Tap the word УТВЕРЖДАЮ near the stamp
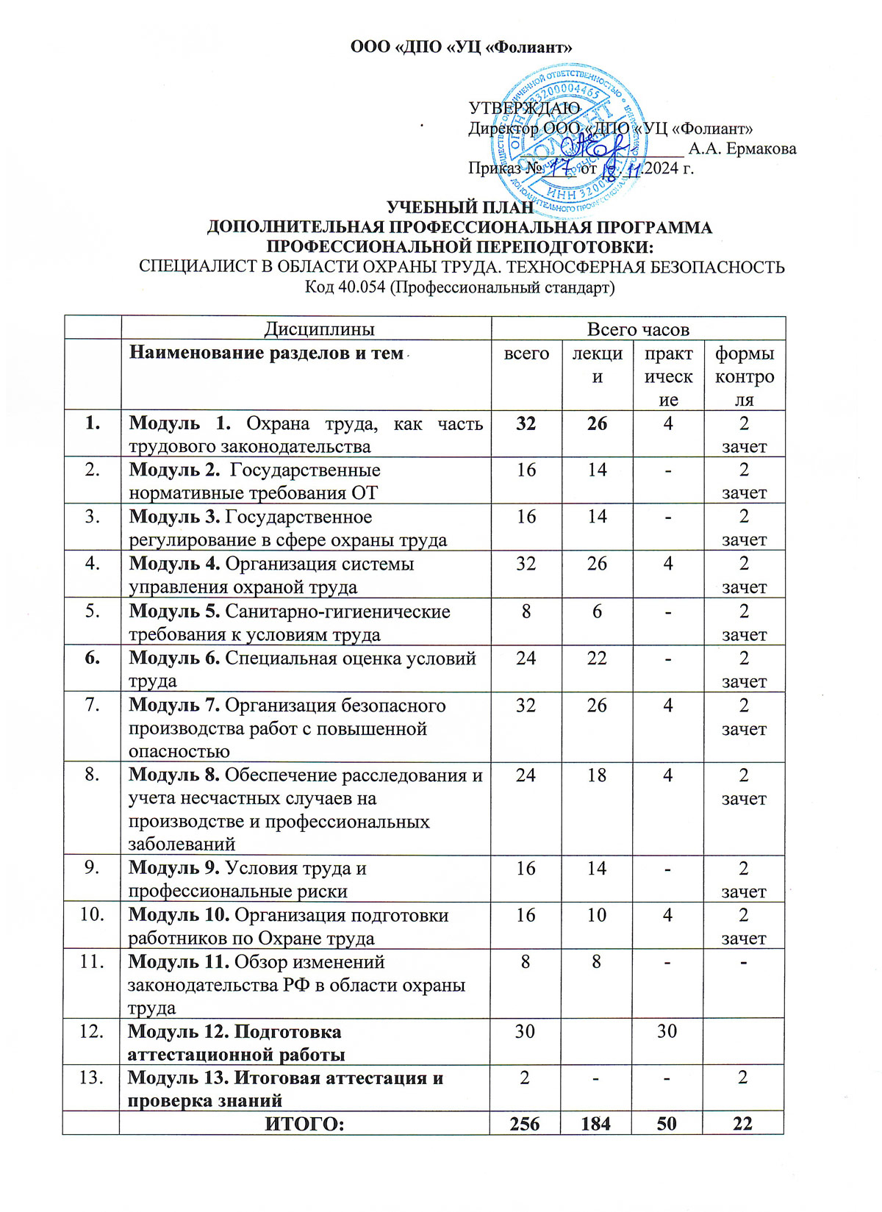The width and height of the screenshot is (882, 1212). pyautogui.click(x=524, y=108)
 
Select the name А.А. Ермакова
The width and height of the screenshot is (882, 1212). pyautogui.click(x=742, y=148)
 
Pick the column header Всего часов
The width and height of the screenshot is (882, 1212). pyautogui.click(x=638, y=329)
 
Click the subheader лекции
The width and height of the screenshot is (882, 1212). pyautogui.click(x=597, y=365)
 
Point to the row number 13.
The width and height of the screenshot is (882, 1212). pyautogui.click(x=91, y=1078)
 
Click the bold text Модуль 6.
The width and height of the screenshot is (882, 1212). pyautogui.click(x=174, y=659)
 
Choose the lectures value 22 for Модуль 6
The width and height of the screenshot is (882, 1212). pyautogui.click(x=597, y=659)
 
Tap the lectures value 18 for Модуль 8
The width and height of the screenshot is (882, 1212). pyautogui.click(x=597, y=775)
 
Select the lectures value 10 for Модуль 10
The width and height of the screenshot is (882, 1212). pyautogui.click(x=597, y=916)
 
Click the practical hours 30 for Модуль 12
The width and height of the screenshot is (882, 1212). pyautogui.click(x=667, y=1031)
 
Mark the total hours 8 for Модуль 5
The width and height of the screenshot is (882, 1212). pyautogui.click(x=526, y=612)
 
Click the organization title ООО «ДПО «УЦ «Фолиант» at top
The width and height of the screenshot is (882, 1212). pyautogui.click(x=461, y=48)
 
